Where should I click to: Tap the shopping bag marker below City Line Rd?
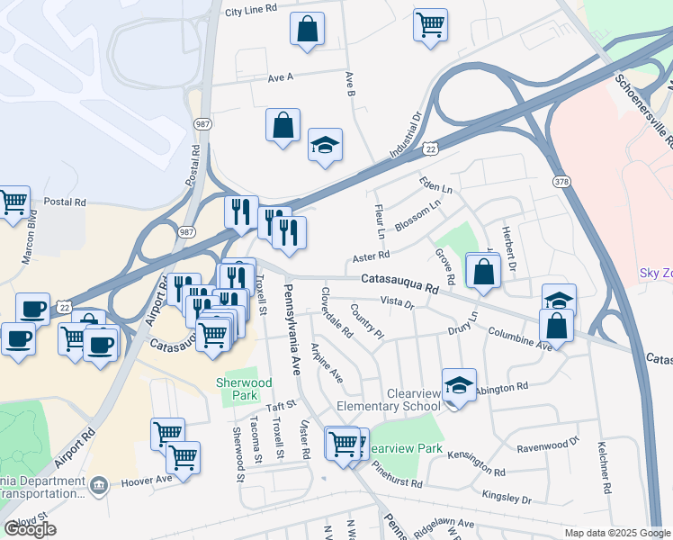pos(307,29)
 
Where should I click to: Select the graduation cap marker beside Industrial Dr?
pos(325,145)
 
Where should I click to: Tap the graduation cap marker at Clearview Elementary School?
pos(459,386)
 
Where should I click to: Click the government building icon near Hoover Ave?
pos(99,485)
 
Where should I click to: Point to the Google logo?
pos(30,529)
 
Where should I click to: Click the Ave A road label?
pos(281,78)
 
